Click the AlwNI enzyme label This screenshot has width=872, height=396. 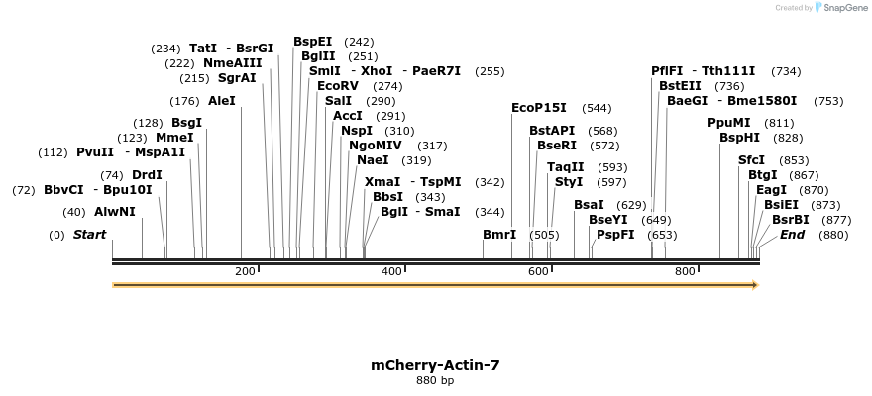click(115, 212)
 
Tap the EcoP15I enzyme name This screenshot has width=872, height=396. click(539, 108)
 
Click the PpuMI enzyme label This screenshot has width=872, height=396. click(729, 123)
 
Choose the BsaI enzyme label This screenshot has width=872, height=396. click(589, 205)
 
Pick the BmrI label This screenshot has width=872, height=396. click(499, 235)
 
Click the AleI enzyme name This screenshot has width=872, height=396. click(222, 101)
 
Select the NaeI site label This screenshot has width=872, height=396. click(373, 160)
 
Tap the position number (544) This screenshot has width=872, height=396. click(597, 108)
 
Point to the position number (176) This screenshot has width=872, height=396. click(185, 101)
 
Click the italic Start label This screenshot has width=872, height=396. click(89, 235)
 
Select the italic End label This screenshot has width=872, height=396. click(793, 235)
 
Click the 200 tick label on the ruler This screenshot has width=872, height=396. click(244, 271)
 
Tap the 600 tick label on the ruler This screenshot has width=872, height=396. click(538, 271)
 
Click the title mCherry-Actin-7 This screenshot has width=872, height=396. click(435, 365)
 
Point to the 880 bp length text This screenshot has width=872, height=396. click(435, 381)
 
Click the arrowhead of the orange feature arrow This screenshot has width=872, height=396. click(755, 285)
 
